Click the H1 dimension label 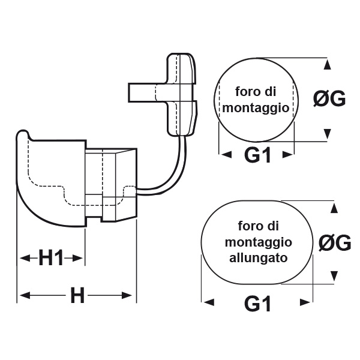point(51,259)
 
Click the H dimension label point(77,295)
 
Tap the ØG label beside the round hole point(329,99)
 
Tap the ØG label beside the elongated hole point(334,243)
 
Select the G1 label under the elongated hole point(258,304)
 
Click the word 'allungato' point(258,259)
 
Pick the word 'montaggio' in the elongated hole point(259,242)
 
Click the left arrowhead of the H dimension point(24,295)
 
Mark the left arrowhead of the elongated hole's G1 point(208,302)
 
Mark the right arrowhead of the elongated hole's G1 point(307,302)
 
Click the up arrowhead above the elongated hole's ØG point(332,208)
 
